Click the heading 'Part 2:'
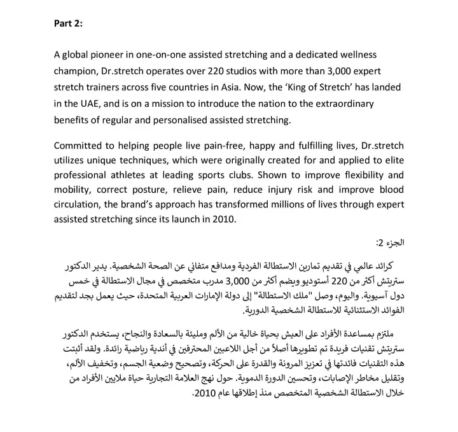coord(68,24)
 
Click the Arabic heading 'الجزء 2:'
coord(388,244)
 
